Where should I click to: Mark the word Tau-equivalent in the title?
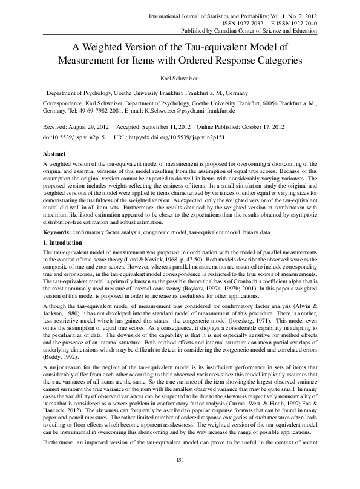pos(229,46)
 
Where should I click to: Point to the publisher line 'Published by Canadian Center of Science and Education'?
pos(249,30)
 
